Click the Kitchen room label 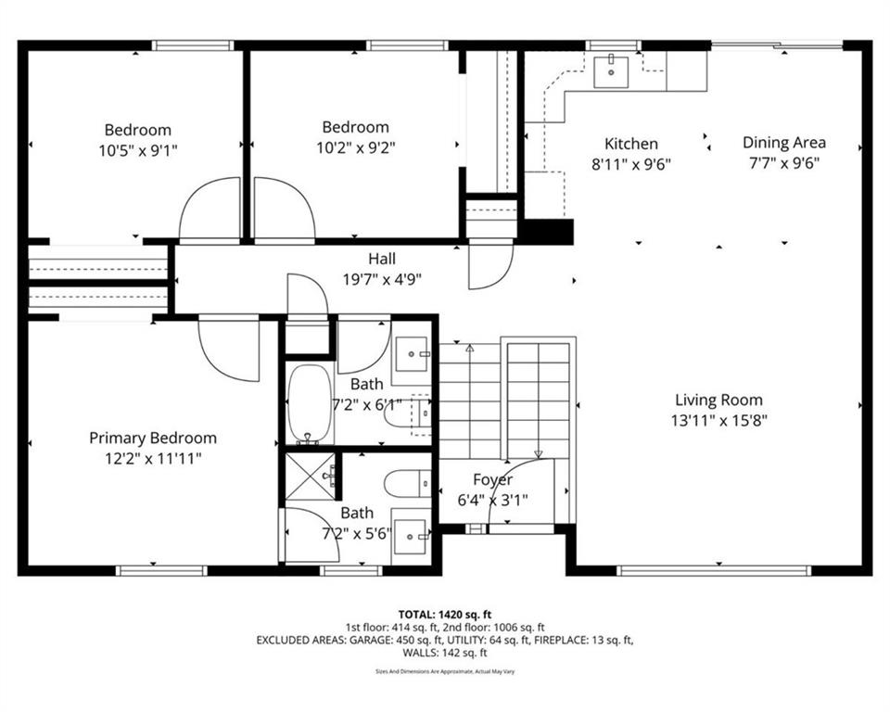(x=631, y=144)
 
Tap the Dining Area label (x=784, y=143)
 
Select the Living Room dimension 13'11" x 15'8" (x=718, y=421)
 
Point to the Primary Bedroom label (x=153, y=439)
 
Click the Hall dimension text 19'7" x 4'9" (x=382, y=279)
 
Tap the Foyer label (x=492, y=480)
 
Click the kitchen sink (x=611, y=72)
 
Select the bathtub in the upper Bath (x=310, y=403)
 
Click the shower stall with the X (x=309, y=477)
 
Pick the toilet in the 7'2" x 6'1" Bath (x=407, y=413)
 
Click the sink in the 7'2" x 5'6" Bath (x=411, y=535)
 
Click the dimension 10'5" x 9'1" (x=138, y=150)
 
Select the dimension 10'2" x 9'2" (x=355, y=147)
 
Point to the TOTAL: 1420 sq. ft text (x=444, y=615)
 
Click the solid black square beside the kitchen (x=547, y=232)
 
